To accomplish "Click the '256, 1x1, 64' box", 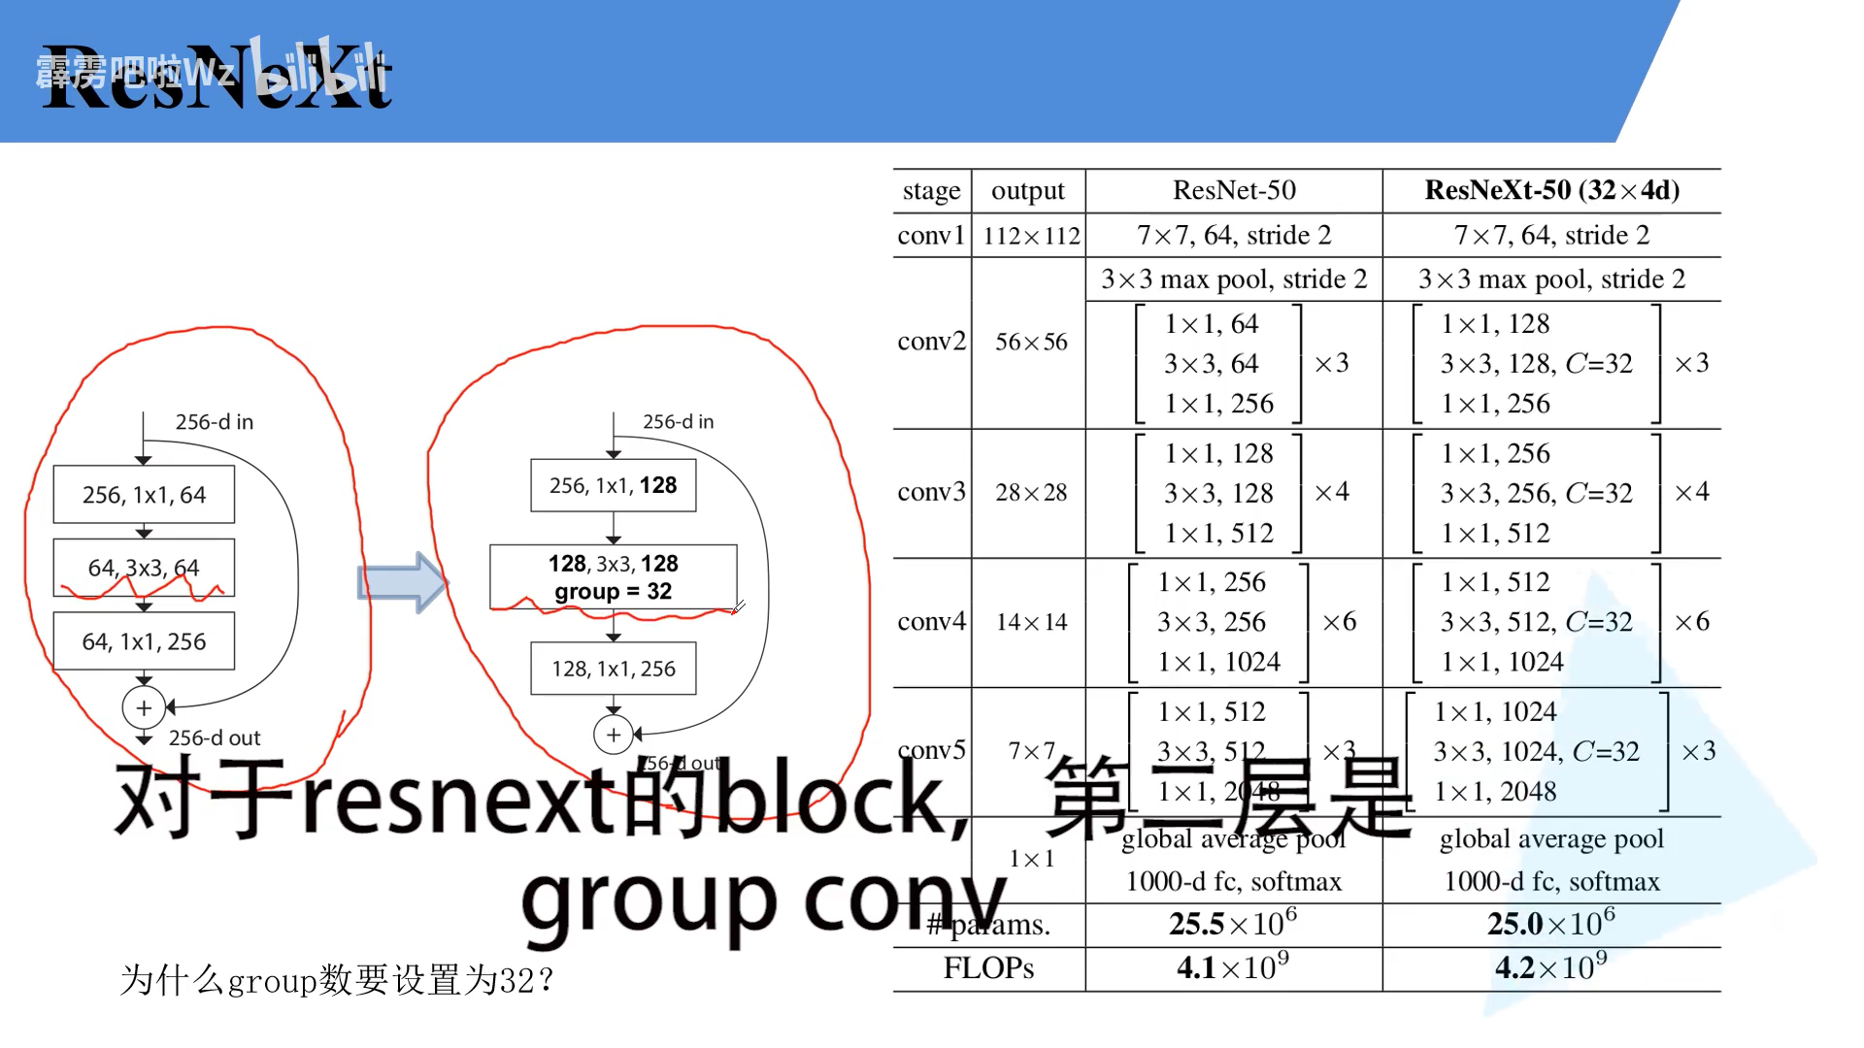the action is pyautogui.click(x=144, y=495).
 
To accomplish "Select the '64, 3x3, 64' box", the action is pyautogui.click(x=144, y=568).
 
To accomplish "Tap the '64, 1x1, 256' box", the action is pyautogui.click(x=144, y=641).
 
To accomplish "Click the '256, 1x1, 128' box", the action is pyautogui.click(x=613, y=485).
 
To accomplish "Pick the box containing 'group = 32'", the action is pyautogui.click(x=613, y=577).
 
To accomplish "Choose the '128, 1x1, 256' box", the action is pyautogui.click(x=613, y=669).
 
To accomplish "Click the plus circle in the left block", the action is pyautogui.click(x=144, y=707).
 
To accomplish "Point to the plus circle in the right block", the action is pyautogui.click(x=613, y=735).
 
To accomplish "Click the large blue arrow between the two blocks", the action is pyautogui.click(x=402, y=582).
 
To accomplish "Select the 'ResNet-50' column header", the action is pyautogui.click(x=1234, y=190).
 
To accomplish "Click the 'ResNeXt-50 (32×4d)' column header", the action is pyautogui.click(x=1551, y=190).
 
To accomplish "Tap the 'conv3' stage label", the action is pyautogui.click(x=931, y=492).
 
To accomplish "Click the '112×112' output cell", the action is pyautogui.click(x=1031, y=236).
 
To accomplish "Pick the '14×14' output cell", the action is pyautogui.click(x=1031, y=622).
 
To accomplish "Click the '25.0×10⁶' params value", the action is pyautogui.click(x=1551, y=923).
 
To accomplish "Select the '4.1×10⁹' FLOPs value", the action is pyautogui.click(x=1233, y=966).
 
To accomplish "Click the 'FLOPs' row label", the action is pyautogui.click(x=988, y=967).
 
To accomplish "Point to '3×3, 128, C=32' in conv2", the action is pyautogui.click(x=1536, y=364).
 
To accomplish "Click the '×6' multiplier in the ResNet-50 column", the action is pyautogui.click(x=1340, y=622).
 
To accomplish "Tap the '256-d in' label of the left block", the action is pyautogui.click(x=214, y=422).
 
